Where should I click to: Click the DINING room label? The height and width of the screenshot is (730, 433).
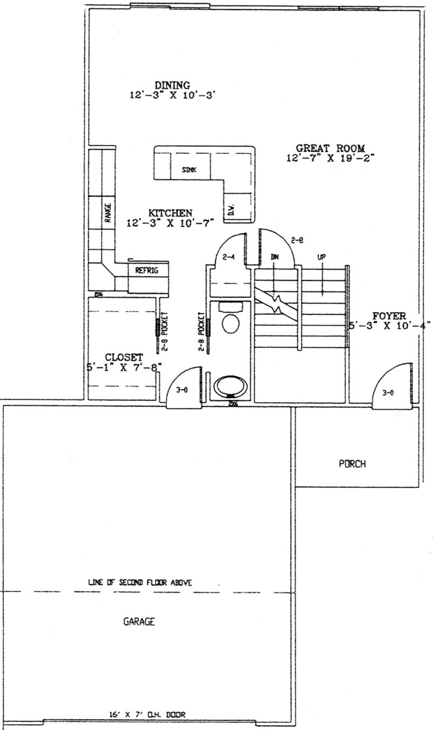tap(172, 85)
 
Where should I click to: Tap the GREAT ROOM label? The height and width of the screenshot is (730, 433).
tap(331, 148)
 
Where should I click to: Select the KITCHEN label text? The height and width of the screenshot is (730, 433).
tap(170, 213)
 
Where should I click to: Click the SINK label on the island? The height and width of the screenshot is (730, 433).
tap(189, 170)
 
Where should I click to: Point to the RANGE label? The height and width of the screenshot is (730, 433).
tap(107, 213)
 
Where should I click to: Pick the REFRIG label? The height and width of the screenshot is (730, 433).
tap(147, 271)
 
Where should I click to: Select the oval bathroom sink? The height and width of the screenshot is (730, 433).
tap(231, 387)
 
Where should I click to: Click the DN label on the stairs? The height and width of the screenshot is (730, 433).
tap(274, 258)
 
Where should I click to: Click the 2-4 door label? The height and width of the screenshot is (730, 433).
tap(231, 258)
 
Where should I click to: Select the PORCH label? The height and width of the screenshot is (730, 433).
tap(353, 463)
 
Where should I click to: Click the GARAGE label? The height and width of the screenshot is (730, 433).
tap(139, 621)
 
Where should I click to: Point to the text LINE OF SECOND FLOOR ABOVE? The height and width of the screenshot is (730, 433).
tap(140, 583)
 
